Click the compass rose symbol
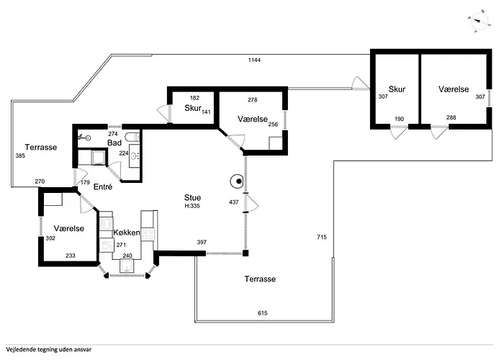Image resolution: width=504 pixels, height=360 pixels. click(479, 21)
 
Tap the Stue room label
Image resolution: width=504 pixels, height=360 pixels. click(192, 198)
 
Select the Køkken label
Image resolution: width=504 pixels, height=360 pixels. click(127, 233)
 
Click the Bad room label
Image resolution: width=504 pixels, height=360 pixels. click(114, 143)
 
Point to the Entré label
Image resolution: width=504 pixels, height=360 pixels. click(103, 186)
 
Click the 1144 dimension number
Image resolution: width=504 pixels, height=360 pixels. click(254, 60)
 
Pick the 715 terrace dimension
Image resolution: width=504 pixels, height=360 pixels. click(322, 237)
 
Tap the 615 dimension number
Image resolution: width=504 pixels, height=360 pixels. click(263, 312)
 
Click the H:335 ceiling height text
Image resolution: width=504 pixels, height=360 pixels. click(192, 206)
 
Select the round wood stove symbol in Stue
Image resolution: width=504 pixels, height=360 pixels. click(237, 181)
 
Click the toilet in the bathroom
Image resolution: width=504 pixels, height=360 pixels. click(132, 138)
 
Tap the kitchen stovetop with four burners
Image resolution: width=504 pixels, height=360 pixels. click(148, 234)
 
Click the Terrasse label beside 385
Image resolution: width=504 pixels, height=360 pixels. click(41, 147)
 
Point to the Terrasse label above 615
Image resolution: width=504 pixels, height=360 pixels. click(260, 279)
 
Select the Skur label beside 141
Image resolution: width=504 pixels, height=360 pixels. click(193, 108)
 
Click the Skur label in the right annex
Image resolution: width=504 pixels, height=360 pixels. click(397, 89)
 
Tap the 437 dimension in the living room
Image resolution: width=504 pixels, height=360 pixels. click(234, 202)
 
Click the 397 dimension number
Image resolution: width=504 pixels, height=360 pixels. click(202, 242)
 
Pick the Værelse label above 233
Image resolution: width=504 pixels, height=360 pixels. click(69, 228)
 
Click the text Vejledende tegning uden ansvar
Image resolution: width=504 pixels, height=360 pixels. click(48, 349)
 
